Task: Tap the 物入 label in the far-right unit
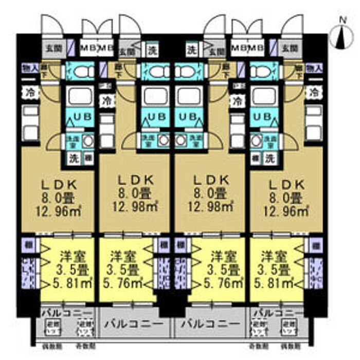[314, 68]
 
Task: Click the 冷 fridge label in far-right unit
[313, 93]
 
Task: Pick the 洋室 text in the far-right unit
[273, 256]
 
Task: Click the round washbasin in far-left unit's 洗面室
[87, 140]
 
